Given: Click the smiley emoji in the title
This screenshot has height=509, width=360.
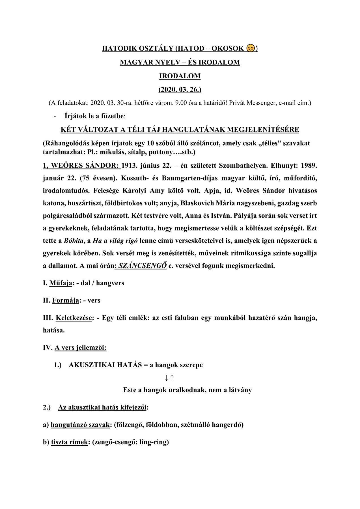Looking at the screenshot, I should click(250, 48).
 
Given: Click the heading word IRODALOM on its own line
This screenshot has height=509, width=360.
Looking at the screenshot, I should click(180, 76).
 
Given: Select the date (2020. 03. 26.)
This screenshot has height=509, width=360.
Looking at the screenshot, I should click(180, 90).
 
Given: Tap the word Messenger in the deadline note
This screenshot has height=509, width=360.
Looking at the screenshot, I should click(262, 103).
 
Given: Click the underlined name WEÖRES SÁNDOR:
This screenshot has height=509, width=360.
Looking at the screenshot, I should click(81, 166).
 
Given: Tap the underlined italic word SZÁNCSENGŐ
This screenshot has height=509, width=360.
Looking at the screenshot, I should click(142, 266).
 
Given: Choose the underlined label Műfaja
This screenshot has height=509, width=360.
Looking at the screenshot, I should click(61, 283).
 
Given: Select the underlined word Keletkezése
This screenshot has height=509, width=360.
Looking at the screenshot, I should click(74, 318).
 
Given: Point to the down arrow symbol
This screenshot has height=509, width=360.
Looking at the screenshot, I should click(167, 378).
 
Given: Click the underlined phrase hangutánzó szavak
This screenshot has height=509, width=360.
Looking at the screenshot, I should click(80, 425).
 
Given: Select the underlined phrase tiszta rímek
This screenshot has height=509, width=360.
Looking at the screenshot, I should click(70, 442).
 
